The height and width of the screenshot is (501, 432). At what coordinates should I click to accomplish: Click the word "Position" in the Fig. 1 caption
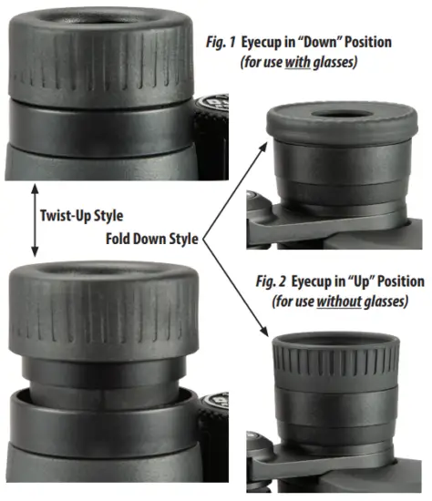click(375, 43)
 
